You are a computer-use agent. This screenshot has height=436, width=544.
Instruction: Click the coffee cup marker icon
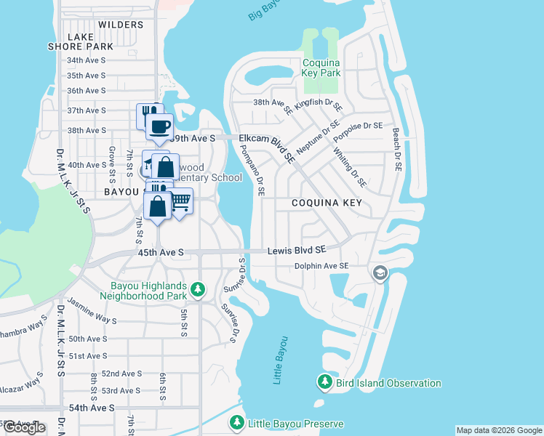[159, 126]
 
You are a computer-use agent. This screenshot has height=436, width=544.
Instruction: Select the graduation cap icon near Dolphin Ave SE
[379, 273]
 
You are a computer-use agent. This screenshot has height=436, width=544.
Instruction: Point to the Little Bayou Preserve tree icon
[236, 422]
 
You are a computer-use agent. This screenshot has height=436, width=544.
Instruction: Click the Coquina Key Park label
[321, 68]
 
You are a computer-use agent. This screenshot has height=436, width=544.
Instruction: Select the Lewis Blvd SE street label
[295, 250]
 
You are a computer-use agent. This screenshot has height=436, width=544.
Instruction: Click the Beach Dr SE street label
[397, 149]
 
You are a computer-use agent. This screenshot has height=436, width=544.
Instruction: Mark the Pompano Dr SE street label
[252, 170]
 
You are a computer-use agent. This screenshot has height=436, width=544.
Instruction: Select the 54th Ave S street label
[90, 408]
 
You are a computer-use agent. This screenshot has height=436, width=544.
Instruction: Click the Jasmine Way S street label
[92, 310]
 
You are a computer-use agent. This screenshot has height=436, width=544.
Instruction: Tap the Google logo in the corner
[24, 427]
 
